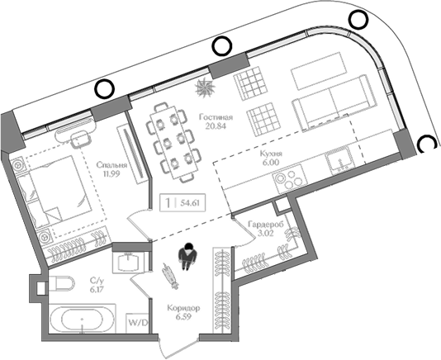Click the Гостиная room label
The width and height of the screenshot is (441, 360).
[x=216, y=117]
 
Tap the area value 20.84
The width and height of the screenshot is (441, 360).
[x=216, y=126]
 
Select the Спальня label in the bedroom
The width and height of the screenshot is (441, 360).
[x=111, y=165]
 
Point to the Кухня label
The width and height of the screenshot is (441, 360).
[x=271, y=154]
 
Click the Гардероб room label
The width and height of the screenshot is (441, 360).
[x=266, y=224]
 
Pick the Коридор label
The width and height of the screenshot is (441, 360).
[x=183, y=308]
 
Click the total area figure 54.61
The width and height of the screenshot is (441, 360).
[x=190, y=203]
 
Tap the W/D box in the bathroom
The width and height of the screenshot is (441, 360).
[x=137, y=323]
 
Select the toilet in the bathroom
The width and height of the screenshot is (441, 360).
[x=62, y=283]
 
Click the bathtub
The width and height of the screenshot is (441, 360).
[x=82, y=320]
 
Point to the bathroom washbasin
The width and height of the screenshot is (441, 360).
[x=129, y=262]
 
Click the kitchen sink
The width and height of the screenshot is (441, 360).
[x=340, y=160]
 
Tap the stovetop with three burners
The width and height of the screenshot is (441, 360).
[x=289, y=179]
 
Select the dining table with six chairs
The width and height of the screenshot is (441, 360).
[x=173, y=142]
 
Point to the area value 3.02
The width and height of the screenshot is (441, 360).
[x=265, y=233]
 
